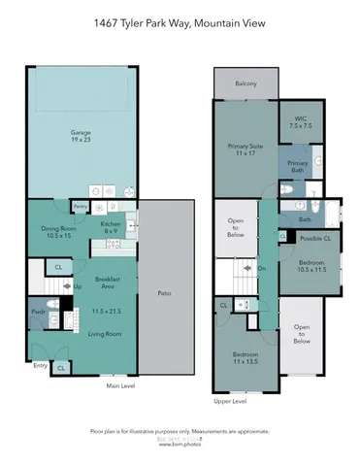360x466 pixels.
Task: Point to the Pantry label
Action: pyautogui.click(x=81, y=206)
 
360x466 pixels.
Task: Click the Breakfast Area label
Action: pyautogui.click(x=108, y=283)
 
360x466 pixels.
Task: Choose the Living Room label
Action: pyautogui.click(x=104, y=333)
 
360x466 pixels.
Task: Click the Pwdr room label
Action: pyautogui.click(x=38, y=314)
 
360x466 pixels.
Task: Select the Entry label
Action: pyautogui.click(x=40, y=365)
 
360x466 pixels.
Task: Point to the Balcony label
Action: pyautogui.click(x=246, y=84)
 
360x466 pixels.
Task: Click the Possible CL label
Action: pyautogui.click(x=315, y=238)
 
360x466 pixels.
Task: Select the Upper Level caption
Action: pyautogui.click(x=230, y=399)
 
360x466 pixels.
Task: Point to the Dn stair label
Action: pyautogui.click(x=261, y=268)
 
